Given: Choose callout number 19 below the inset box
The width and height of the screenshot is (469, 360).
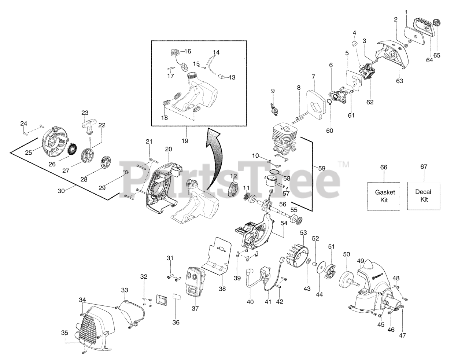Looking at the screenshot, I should pyautogui.click(x=185, y=140).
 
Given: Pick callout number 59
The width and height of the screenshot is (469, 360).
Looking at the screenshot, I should pyautogui.click(x=321, y=169).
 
